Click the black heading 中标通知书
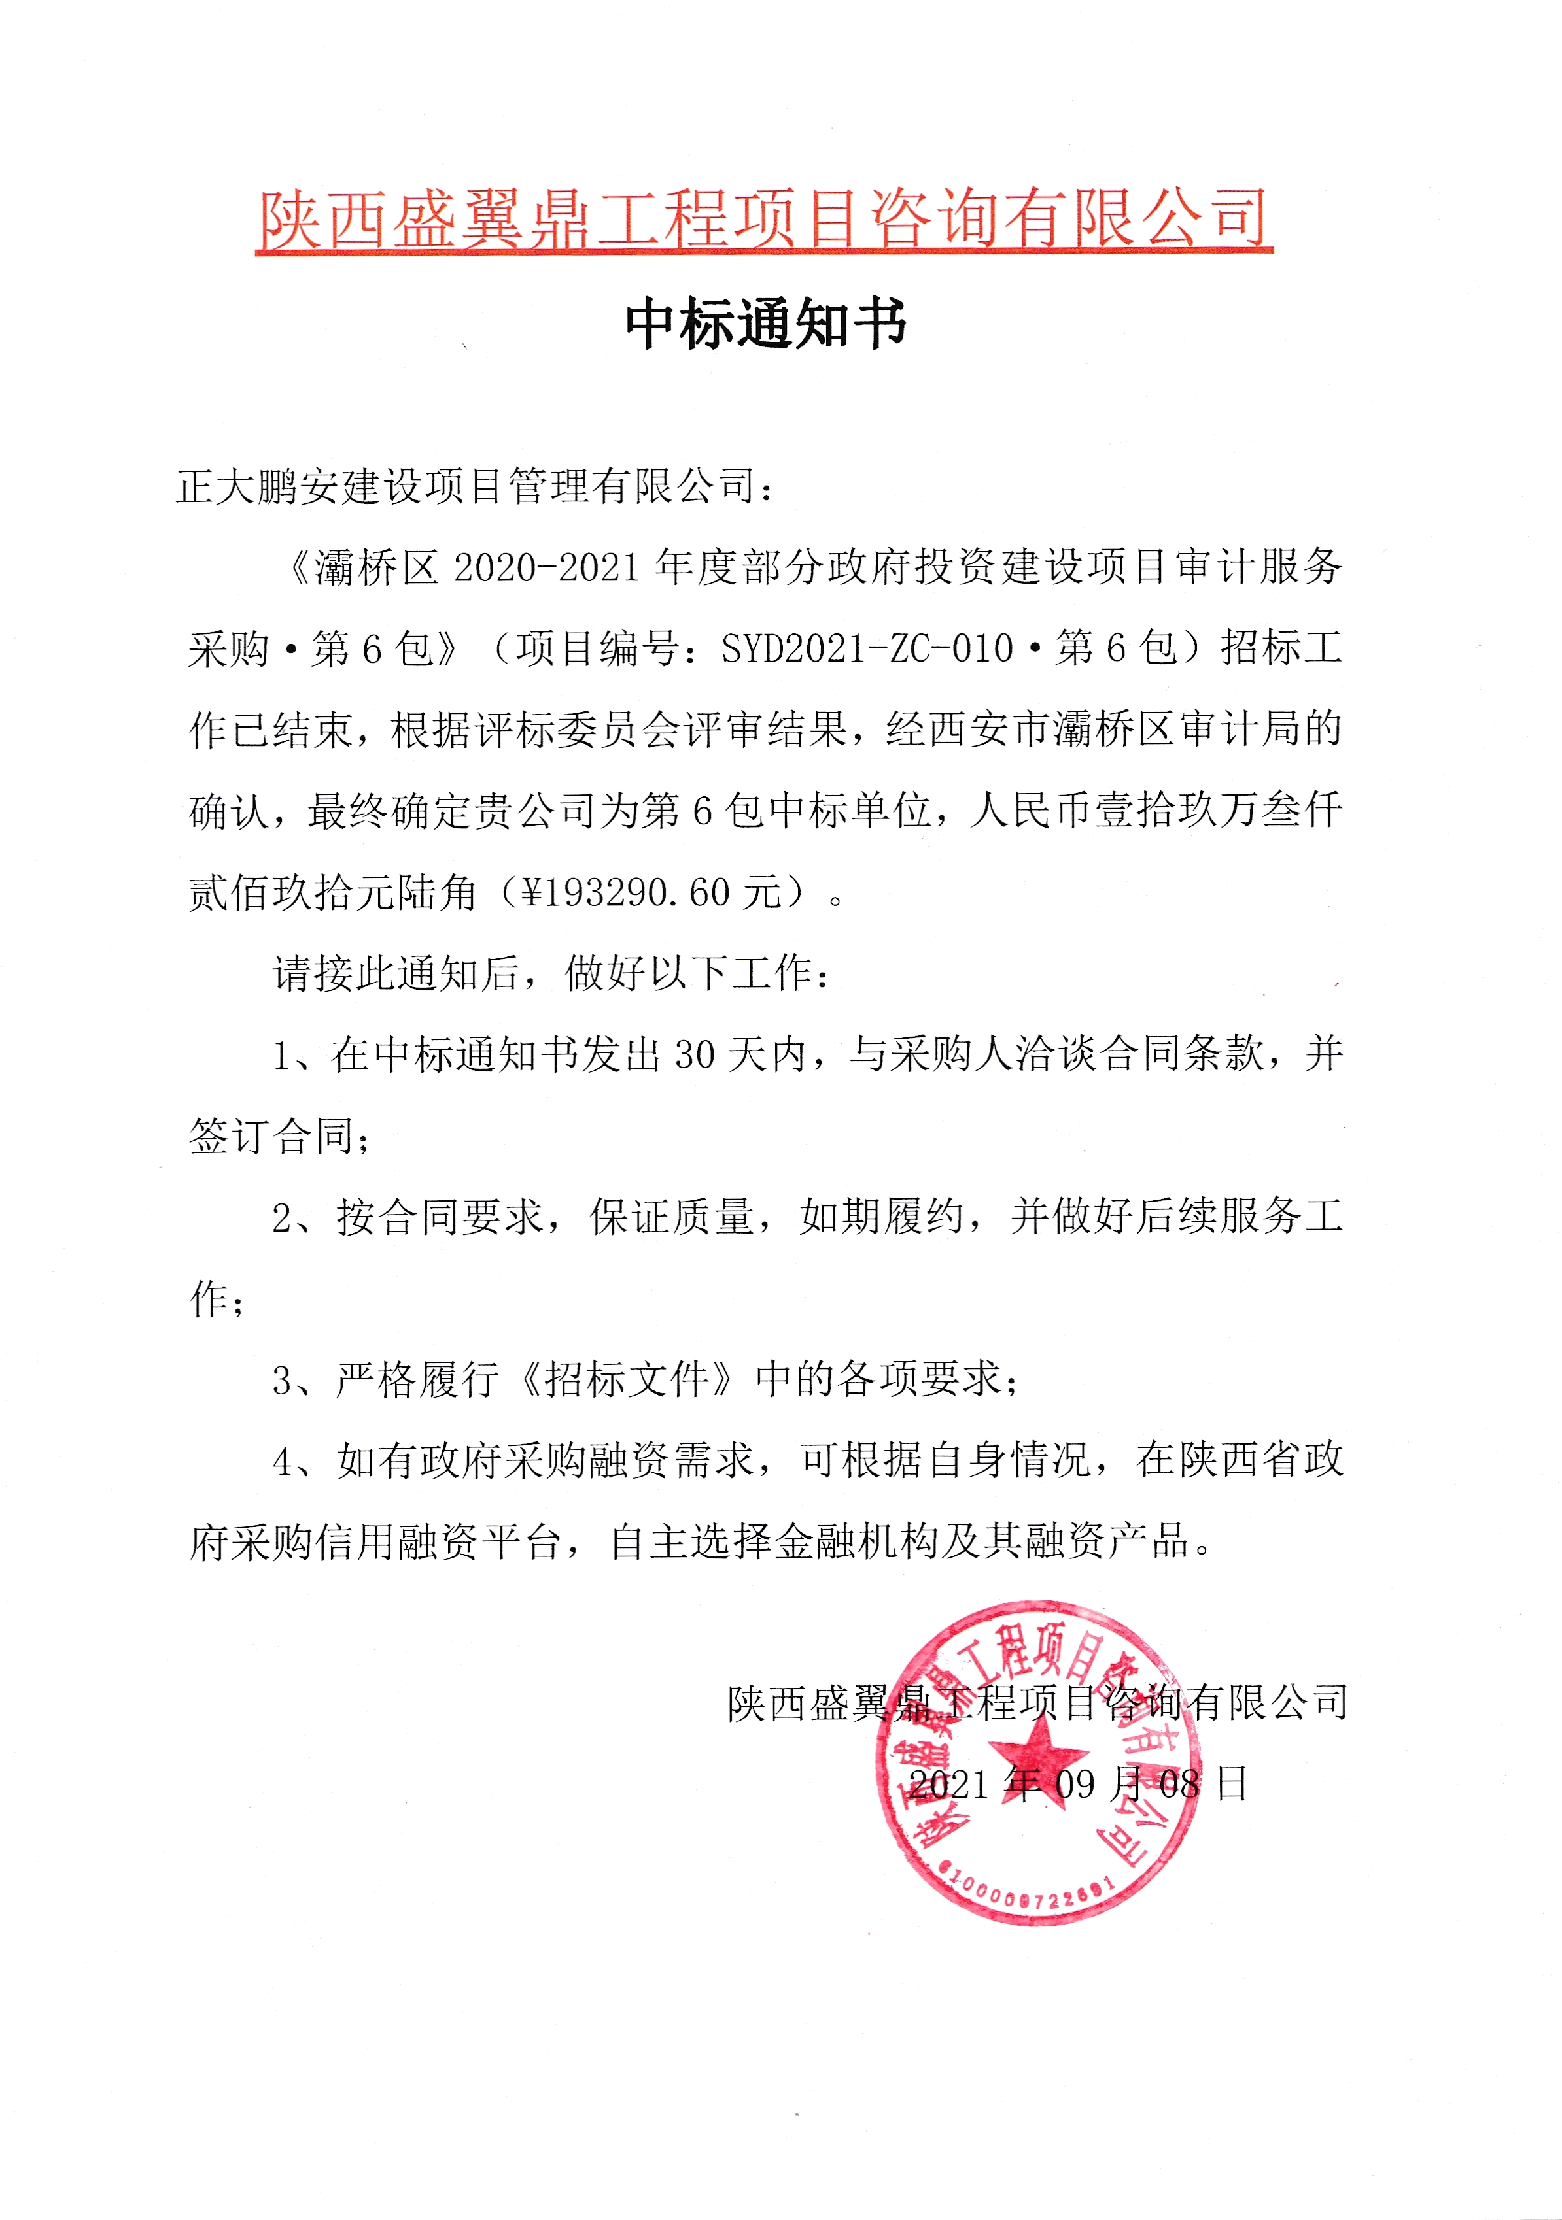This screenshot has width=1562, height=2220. (765, 323)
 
